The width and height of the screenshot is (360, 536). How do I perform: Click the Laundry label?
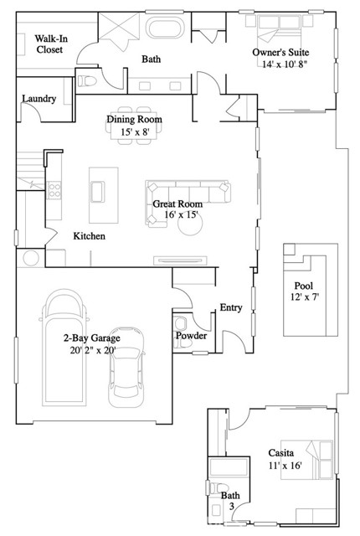tap(39, 99)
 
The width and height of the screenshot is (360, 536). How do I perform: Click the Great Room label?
tap(177, 204)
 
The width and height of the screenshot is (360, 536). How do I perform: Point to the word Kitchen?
tap(89, 237)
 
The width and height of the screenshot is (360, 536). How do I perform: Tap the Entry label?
tap(231, 308)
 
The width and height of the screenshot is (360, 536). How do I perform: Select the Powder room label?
tap(190, 337)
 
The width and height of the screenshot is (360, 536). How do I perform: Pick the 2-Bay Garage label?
tap(92, 338)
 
